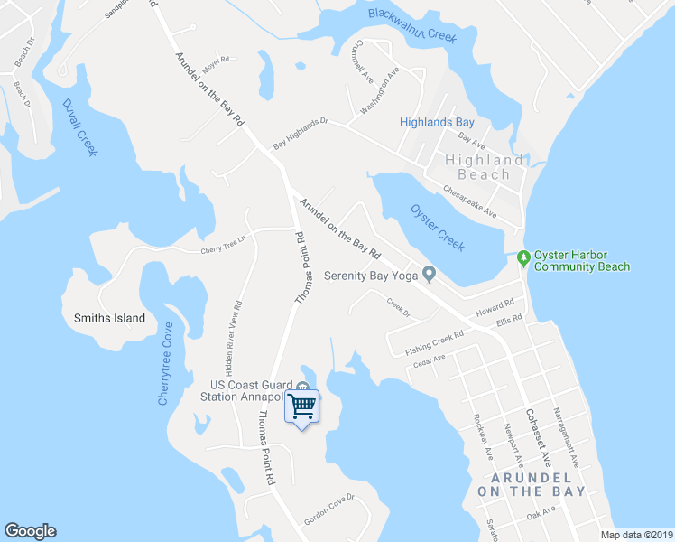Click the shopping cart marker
302,407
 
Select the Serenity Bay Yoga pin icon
430,274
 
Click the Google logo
30,531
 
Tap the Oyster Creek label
438,228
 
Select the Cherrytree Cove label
165,363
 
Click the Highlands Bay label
438,122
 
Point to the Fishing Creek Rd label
434,341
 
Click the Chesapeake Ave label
470,202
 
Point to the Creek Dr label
398,308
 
